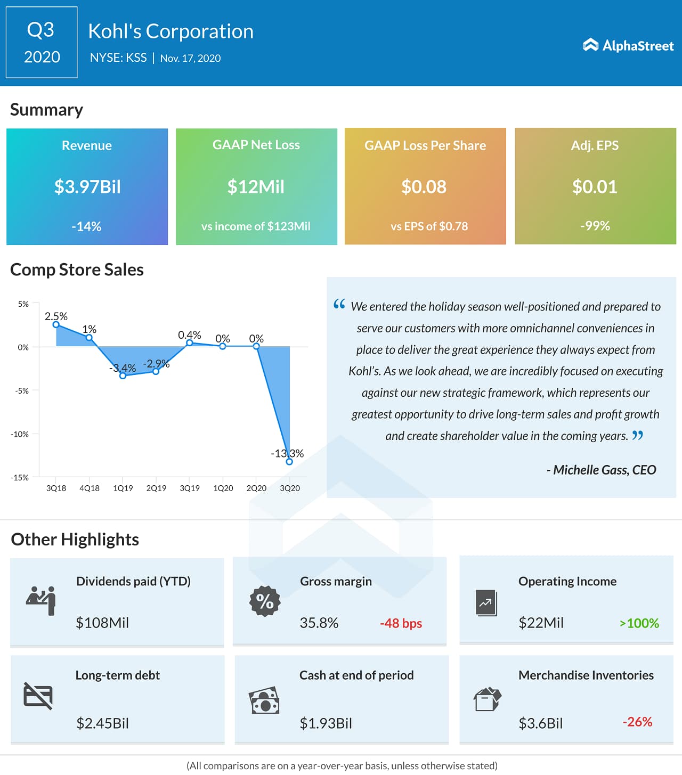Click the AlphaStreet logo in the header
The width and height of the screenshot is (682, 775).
(628, 46)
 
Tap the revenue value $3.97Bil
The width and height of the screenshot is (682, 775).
(87, 187)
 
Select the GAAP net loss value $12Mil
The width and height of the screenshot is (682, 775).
(256, 187)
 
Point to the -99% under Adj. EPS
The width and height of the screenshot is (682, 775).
(595, 226)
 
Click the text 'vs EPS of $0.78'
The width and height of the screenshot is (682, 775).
(429, 226)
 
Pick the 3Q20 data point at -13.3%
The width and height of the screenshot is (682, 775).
(289, 462)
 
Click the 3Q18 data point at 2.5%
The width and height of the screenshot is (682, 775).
(56, 324)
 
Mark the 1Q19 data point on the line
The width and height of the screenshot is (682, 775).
(123, 376)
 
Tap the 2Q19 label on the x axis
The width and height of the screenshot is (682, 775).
(156, 488)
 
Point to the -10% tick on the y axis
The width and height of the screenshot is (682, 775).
(20, 434)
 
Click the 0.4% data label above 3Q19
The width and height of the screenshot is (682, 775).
(189, 335)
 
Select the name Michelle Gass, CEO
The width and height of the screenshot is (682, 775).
(602, 470)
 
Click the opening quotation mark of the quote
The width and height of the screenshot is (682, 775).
(339, 304)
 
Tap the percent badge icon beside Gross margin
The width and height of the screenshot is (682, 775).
(265, 601)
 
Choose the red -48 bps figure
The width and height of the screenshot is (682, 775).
(401, 623)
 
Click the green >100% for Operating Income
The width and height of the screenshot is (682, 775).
(639, 623)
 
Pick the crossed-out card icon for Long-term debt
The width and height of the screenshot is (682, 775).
(38, 696)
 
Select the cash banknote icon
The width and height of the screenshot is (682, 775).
(264, 700)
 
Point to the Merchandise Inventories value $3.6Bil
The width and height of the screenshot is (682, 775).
(540, 723)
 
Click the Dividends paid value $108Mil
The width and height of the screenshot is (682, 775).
(102, 623)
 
